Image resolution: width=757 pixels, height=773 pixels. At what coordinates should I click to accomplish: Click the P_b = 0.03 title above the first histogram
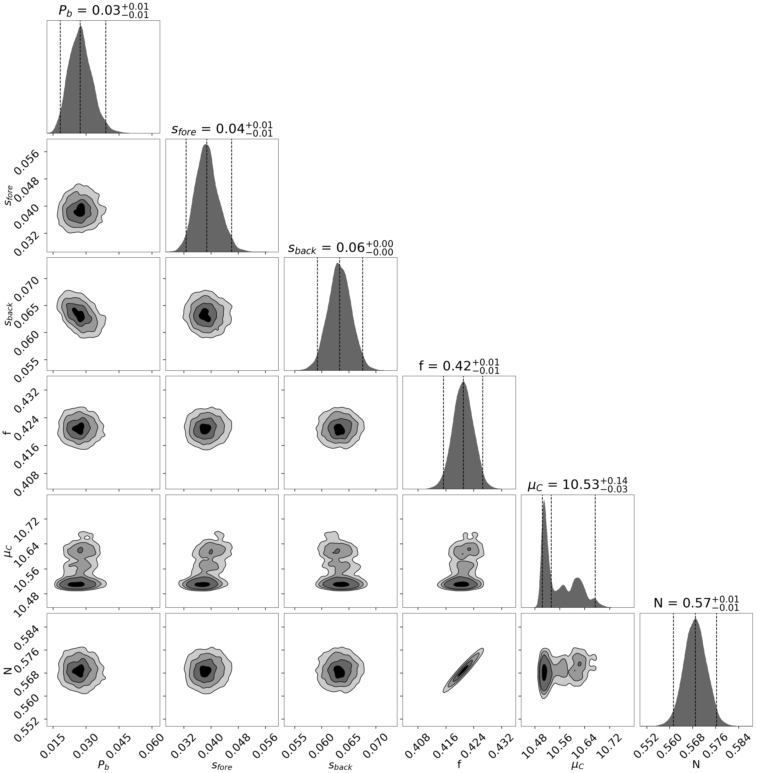coord(103,11)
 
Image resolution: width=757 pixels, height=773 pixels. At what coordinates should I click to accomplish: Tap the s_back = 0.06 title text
coord(340,248)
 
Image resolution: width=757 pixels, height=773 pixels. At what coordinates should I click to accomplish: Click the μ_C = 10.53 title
coord(577,485)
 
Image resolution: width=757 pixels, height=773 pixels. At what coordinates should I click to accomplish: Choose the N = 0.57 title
coord(696,603)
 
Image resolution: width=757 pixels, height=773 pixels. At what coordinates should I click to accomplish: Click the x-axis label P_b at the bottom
coord(103,764)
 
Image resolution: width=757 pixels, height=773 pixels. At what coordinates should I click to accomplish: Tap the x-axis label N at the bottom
coord(696,764)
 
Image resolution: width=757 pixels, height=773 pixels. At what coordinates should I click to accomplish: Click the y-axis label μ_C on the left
coord(9,551)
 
